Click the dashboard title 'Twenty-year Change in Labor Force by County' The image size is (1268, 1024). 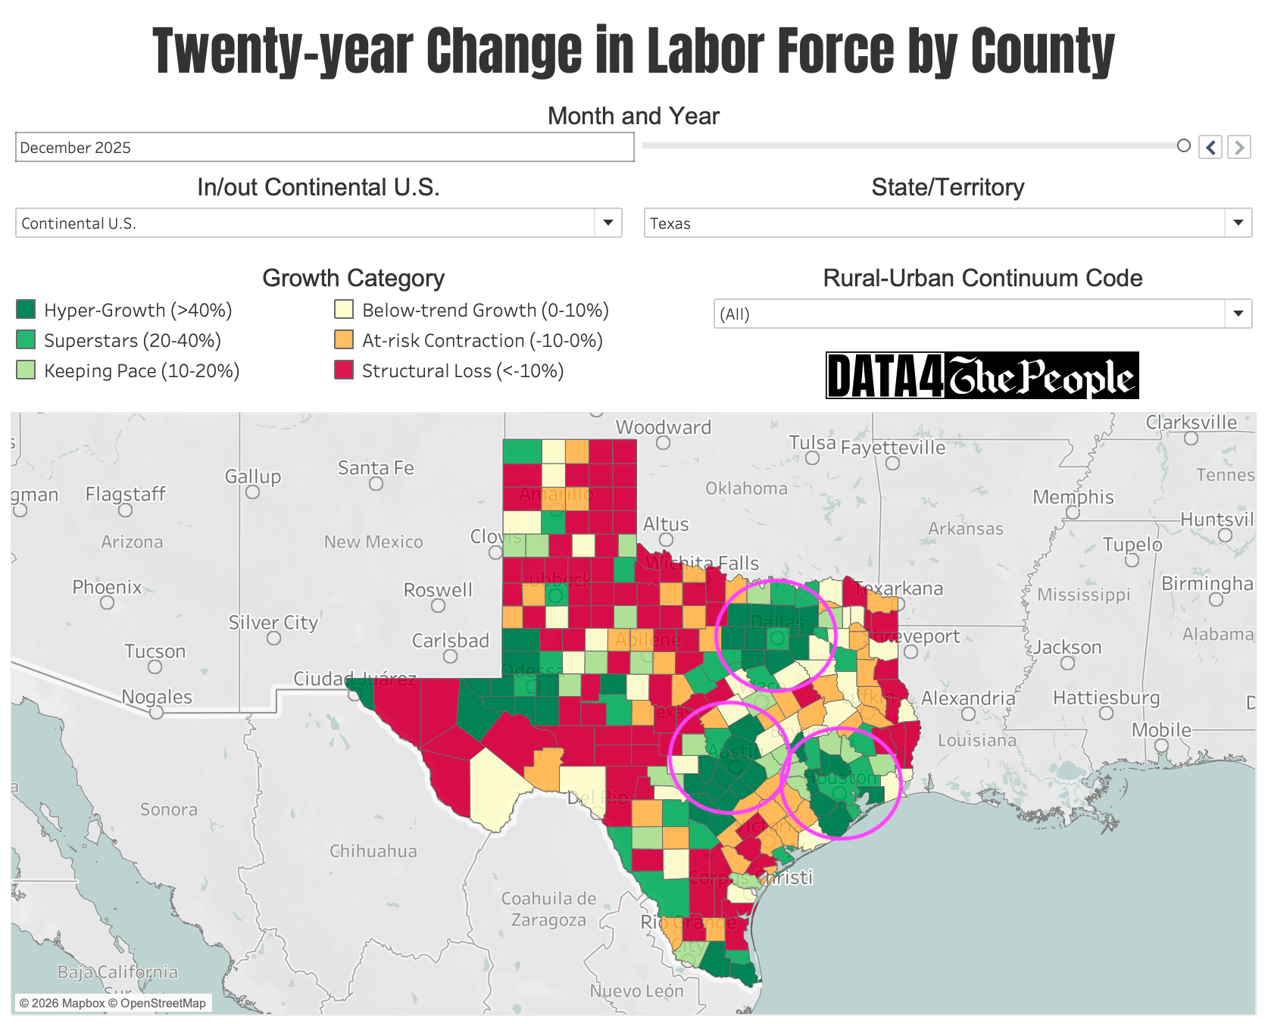click(633, 52)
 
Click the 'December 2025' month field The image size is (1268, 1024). click(324, 148)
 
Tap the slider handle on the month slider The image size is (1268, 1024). click(1184, 145)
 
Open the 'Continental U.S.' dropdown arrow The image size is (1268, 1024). click(607, 223)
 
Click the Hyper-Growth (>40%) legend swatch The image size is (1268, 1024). click(26, 310)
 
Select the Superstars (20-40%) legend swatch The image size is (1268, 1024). click(26, 340)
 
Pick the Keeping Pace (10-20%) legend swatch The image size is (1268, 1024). click(26, 370)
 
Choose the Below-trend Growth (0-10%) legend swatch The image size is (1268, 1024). click(344, 310)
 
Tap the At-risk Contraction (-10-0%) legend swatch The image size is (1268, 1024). click(344, 340)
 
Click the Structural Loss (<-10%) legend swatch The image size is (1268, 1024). click(344, 370)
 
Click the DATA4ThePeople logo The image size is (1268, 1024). click(982, 376)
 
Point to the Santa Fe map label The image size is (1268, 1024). click(376, 468)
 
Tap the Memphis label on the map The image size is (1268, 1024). click(1073, 497)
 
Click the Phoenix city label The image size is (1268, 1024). click(107, 587)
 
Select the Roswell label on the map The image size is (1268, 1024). click(438, 589)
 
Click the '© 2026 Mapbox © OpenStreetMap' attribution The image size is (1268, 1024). click(112, 1003)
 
